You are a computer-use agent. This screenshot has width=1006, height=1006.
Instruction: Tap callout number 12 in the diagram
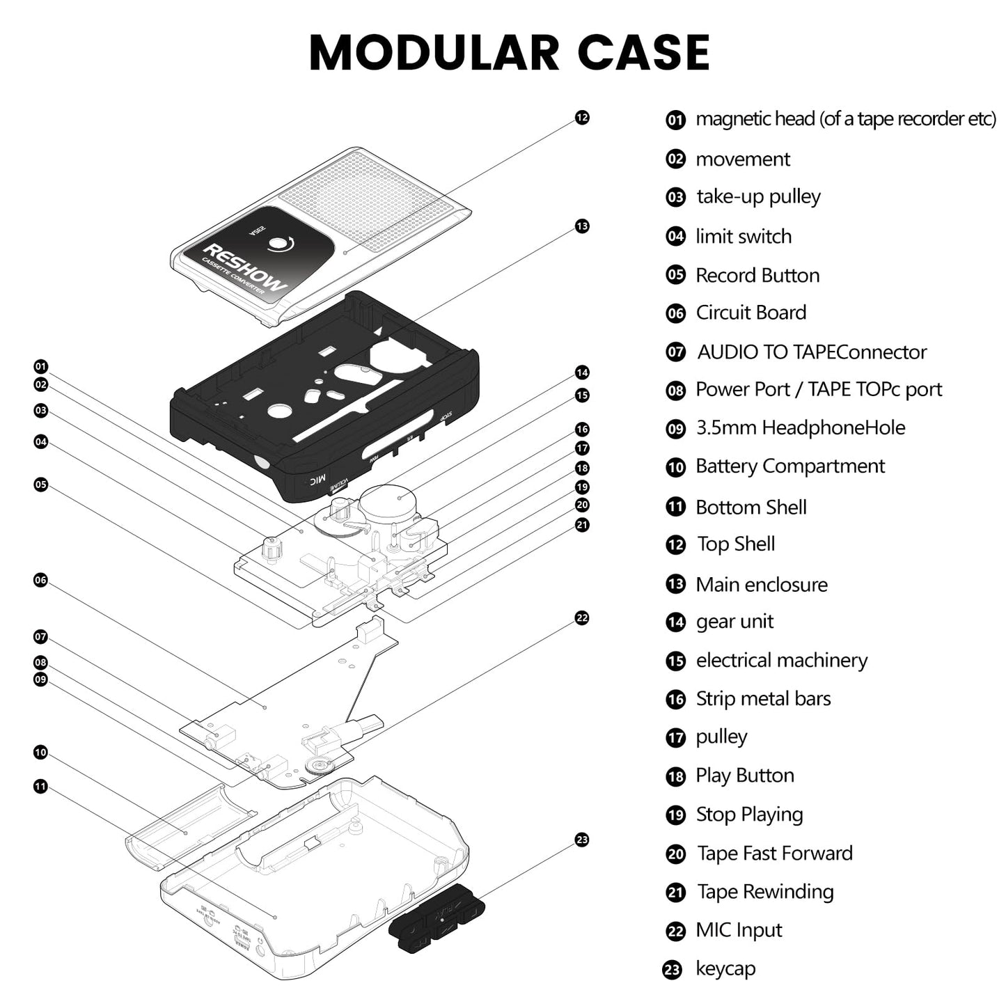582,118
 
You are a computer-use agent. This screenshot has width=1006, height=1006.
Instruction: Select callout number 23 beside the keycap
582,840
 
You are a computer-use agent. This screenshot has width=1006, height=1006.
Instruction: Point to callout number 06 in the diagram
41,580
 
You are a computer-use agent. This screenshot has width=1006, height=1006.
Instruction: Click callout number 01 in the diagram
41,366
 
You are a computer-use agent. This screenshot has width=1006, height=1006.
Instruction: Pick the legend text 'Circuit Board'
750,313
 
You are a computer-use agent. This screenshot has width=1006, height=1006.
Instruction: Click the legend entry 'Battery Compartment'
789,466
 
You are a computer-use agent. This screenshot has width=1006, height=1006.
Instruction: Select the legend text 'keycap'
725,968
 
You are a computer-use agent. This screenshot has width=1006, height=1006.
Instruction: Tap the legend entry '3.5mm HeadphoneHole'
800,427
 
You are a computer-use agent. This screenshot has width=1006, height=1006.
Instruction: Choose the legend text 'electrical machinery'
781,660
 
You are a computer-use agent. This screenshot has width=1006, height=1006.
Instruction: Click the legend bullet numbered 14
675,622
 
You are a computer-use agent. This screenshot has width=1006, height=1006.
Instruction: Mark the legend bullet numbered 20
675,854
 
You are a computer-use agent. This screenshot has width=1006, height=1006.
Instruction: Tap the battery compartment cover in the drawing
189,827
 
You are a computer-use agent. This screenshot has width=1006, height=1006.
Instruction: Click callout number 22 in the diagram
582,618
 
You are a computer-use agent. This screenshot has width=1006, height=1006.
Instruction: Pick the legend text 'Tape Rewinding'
765,892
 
